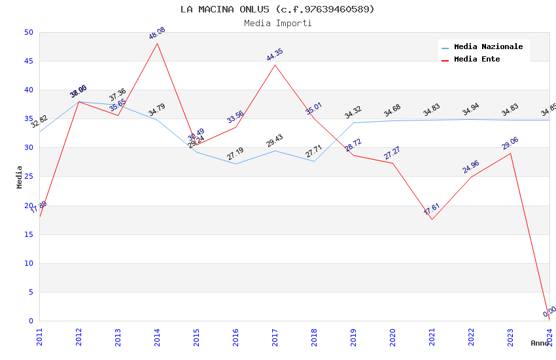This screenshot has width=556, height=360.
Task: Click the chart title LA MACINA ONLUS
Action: (277, 9)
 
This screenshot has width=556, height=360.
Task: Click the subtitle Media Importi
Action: (277, 23)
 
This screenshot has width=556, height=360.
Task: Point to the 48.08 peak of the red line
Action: (157, 43)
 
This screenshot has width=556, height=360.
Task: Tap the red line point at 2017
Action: (275, 65)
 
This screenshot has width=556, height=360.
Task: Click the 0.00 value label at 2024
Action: (549, 312)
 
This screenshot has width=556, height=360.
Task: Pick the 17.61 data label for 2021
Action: (432, 209)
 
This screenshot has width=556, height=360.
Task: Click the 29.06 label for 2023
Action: (510, 143)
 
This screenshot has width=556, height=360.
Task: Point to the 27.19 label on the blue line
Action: (235, 154)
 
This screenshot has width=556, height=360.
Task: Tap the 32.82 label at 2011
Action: (39, 122)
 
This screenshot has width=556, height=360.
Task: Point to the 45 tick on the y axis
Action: (29, 61)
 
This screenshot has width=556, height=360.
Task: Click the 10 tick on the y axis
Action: (29, 263)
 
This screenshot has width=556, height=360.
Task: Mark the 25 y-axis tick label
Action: (29, 148)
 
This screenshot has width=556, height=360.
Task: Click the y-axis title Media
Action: (20, 177)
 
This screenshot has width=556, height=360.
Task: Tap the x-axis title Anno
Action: (539, 343)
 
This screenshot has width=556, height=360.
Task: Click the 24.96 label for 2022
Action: (471, 167)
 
